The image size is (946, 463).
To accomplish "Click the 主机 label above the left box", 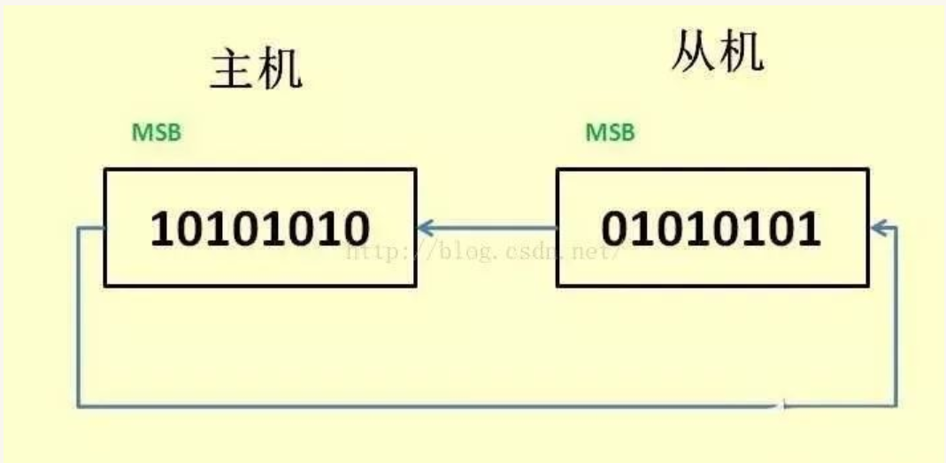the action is coord(256,70).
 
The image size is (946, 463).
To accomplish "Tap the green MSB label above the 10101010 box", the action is coord(157,134).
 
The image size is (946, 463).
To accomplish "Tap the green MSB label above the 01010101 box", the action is coord(610,134).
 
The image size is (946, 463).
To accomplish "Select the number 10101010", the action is coord(259,229).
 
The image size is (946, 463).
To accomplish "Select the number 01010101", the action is coord(711,229).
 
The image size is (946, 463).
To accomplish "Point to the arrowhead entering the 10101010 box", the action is coord(424,229).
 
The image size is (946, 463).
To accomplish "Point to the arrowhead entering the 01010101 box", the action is coord(878,229).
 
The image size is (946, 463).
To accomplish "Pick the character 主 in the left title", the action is coord(233,70).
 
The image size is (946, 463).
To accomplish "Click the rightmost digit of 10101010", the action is coord(355,229).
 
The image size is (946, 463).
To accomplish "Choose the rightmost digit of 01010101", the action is coord(807,229).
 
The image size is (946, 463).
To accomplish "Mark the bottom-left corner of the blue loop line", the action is coord(78,406).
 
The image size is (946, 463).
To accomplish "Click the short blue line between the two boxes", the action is coord(487,229).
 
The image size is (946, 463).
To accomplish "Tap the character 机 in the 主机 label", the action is coord(280,70).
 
